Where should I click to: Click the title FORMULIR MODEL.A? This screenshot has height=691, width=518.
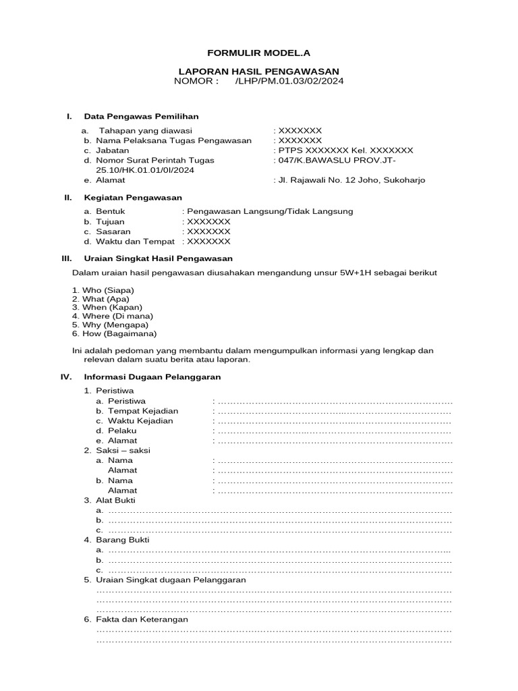pos(258,52)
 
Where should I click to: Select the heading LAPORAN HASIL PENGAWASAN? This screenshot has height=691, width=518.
pos(258,72)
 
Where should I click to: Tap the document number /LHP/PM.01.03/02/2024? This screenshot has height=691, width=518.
pos(291,82)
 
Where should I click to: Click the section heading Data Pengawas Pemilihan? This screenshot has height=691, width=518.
pos(141,117)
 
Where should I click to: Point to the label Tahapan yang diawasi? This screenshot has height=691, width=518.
pos(146,130)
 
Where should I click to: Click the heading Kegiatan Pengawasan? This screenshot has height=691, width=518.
pos(133,198)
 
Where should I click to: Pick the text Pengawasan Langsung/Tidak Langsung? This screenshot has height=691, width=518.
pos(270,211)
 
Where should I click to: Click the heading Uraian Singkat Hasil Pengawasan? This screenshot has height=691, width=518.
pos(158,258)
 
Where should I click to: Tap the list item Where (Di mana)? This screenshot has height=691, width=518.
pos(117,316)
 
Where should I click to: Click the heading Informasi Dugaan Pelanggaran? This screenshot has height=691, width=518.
pos(152,377)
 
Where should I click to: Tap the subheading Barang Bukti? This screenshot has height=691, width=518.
pos(123,540)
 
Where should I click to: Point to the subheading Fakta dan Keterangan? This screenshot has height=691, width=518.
pos(142,619)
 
